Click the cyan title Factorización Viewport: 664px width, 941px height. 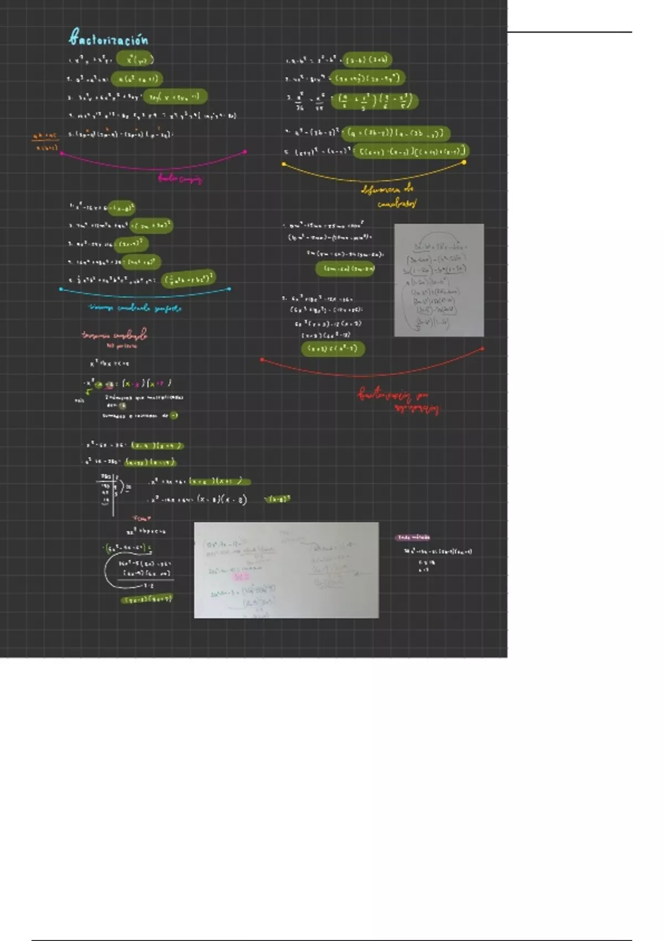click(109, 38)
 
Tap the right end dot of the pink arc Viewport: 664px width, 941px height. click(245, 151)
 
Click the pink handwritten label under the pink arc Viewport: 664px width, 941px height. click(180, 178)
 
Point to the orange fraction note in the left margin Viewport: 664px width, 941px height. click(45, 141)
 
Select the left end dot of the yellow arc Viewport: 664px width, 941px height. click(284, 164)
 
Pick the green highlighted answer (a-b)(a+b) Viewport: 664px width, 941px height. click(367, 60)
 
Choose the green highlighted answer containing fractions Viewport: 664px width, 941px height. click(375, 101)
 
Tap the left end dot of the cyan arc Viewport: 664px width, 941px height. click(61, 288)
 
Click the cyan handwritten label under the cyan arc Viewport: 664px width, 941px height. click(135, 308)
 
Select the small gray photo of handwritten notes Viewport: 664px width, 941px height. click(439, 280)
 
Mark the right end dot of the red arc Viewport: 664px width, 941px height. click(483, 349)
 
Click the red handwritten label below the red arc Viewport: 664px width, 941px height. click(398, 401)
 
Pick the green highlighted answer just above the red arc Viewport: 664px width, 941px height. click(333, 349)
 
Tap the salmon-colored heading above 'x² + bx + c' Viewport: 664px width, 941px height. click(115, 335)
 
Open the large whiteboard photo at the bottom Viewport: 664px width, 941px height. click(286, 570)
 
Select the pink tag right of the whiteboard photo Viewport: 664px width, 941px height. click(413, 537)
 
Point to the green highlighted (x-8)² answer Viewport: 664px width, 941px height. click(277, 499)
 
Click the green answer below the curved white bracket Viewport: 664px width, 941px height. click(147, 599)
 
